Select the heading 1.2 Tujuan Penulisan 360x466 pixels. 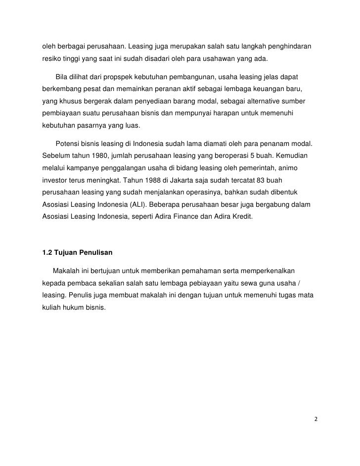[x=78, y=253]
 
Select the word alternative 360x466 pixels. [x=253, y=101]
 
